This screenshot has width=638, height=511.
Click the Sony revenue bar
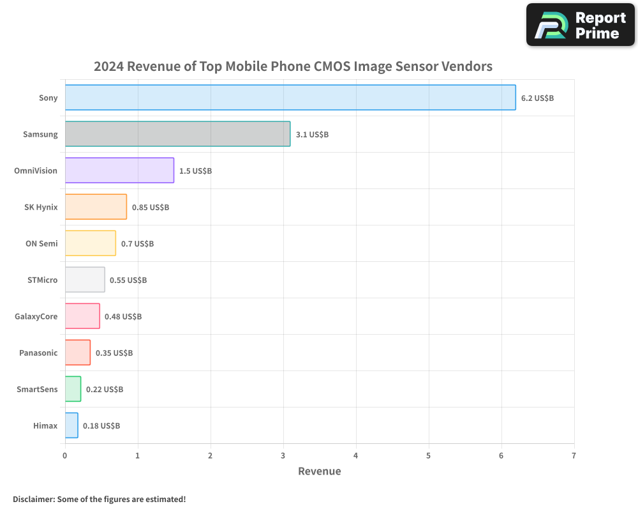pos(290,98)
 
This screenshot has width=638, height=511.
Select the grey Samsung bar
pos(177,134)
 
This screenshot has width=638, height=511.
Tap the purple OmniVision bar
pos(119,171)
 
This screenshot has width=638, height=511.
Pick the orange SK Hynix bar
pos(96,207)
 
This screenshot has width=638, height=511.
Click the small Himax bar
pos(71,425)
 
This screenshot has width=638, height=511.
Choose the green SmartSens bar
pos(73,389)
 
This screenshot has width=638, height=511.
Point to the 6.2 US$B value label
pos(537,98)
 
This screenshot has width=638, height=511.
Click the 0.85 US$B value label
pos(151,208)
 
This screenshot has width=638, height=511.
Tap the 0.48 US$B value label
pos(123,317)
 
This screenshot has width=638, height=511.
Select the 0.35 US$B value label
pos(114,353)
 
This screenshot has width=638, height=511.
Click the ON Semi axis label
pos(41,243)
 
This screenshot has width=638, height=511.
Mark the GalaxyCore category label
pos(36,316)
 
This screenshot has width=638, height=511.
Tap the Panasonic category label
pos(38,353)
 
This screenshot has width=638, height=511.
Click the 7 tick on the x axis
pos(574,455)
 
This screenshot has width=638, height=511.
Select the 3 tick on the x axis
pos(283,455)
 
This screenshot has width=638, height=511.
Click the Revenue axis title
pos(320,471)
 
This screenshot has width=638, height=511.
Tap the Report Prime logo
pos(581,25)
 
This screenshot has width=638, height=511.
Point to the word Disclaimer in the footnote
pos(33,499)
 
